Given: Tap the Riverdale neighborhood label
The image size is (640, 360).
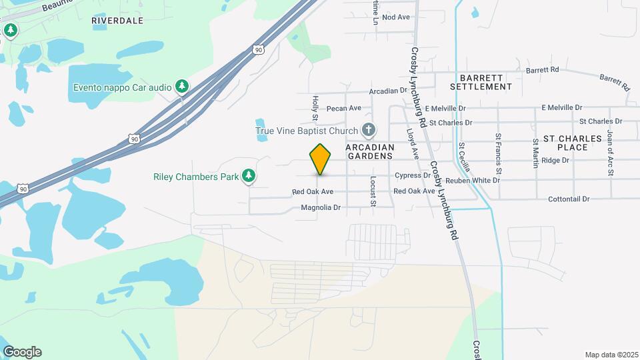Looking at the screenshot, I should click(117, 21).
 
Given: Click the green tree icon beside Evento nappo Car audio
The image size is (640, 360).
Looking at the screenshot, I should click(181, 87).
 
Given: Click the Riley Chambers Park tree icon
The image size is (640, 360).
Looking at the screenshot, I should click(249, 176).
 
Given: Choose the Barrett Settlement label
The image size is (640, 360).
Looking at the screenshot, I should click(481, 82).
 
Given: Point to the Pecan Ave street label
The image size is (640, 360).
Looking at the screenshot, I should click(346, 108).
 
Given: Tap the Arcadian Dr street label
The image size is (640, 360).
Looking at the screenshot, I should click(388, 90).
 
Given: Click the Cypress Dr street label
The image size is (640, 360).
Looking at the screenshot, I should click(413, 175).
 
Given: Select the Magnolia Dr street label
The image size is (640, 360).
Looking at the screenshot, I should click(321, 207).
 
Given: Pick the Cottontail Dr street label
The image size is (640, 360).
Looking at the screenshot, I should click(569, 199).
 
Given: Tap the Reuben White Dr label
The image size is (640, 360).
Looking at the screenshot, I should click(473, 181).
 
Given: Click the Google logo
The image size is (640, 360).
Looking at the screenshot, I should click(22, 352).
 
